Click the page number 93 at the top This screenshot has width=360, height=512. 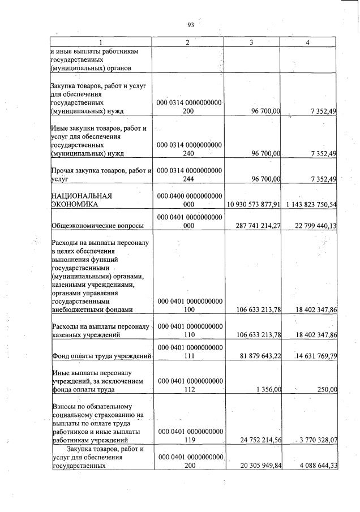[x=190, y=24]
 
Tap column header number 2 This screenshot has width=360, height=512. [x=188, y=43]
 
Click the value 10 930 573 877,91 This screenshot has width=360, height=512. [x=254, y=204]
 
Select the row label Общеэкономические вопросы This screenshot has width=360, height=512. [x=97, y=226]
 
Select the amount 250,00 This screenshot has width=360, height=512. [x=327, y=389]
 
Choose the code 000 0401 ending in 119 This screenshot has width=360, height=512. [x=188, y=436]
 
